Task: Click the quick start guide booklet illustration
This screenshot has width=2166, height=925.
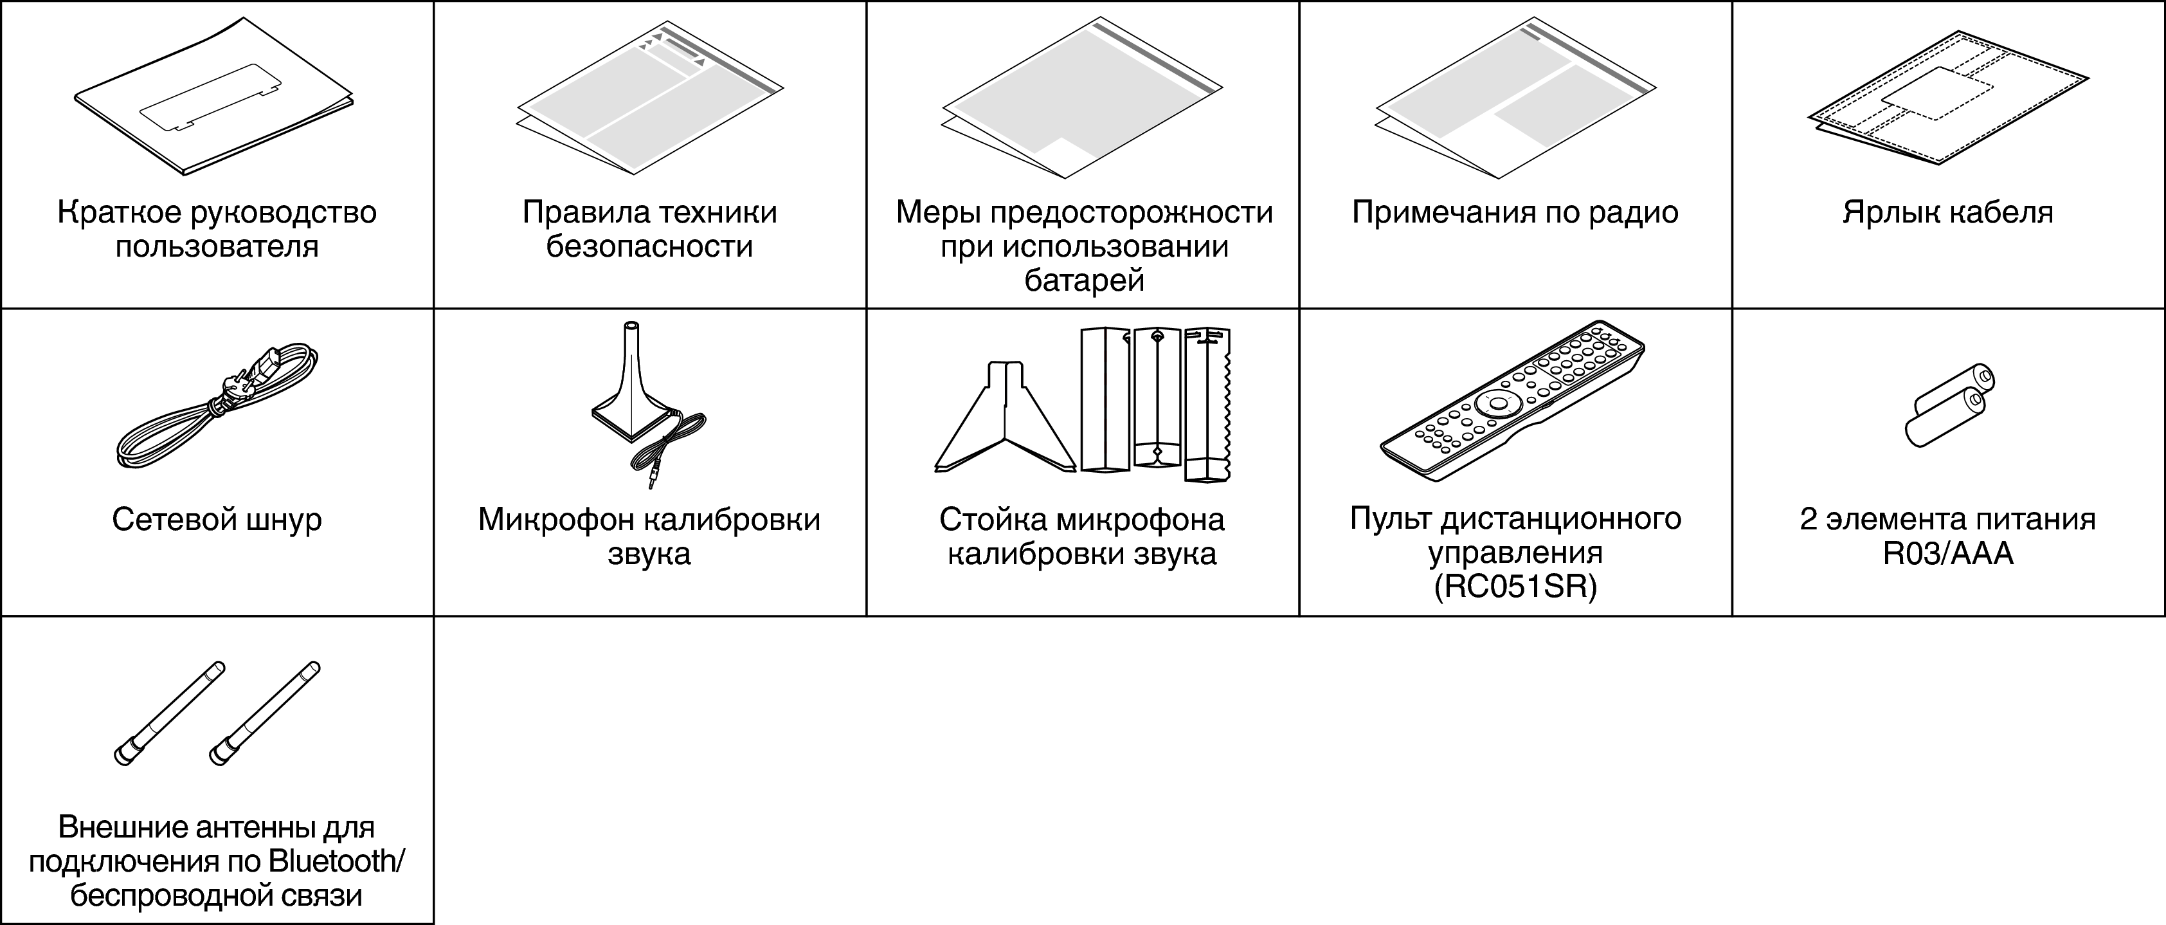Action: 213,96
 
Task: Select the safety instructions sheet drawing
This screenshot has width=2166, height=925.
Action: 649,99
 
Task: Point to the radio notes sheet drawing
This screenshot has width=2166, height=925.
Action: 1515,99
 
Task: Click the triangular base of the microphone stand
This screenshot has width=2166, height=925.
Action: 1005,421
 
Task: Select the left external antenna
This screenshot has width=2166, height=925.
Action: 169,713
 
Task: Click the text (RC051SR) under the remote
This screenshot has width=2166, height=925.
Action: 1515,587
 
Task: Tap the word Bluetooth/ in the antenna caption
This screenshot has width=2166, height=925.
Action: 336,862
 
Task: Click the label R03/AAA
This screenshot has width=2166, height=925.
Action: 1947,553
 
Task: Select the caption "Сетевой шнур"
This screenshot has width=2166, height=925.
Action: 217,520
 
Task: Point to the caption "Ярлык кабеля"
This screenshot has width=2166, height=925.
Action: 1947,212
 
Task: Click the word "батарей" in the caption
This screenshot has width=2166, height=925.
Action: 1084,280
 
